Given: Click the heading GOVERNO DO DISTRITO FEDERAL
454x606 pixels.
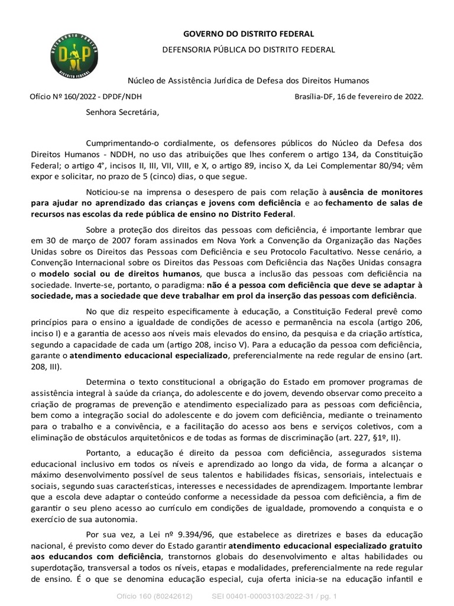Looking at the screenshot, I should (x=248, y=34).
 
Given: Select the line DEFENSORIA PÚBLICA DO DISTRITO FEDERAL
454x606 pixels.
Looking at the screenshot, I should (x=248, y=50).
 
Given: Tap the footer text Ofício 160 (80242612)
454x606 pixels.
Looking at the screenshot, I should (x=155, y=595).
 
